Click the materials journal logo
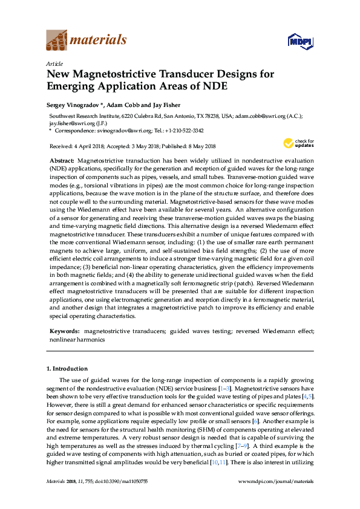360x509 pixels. [86, 41]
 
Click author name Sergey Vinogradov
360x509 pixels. [73, 105]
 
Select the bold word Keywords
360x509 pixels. [64, 331]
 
